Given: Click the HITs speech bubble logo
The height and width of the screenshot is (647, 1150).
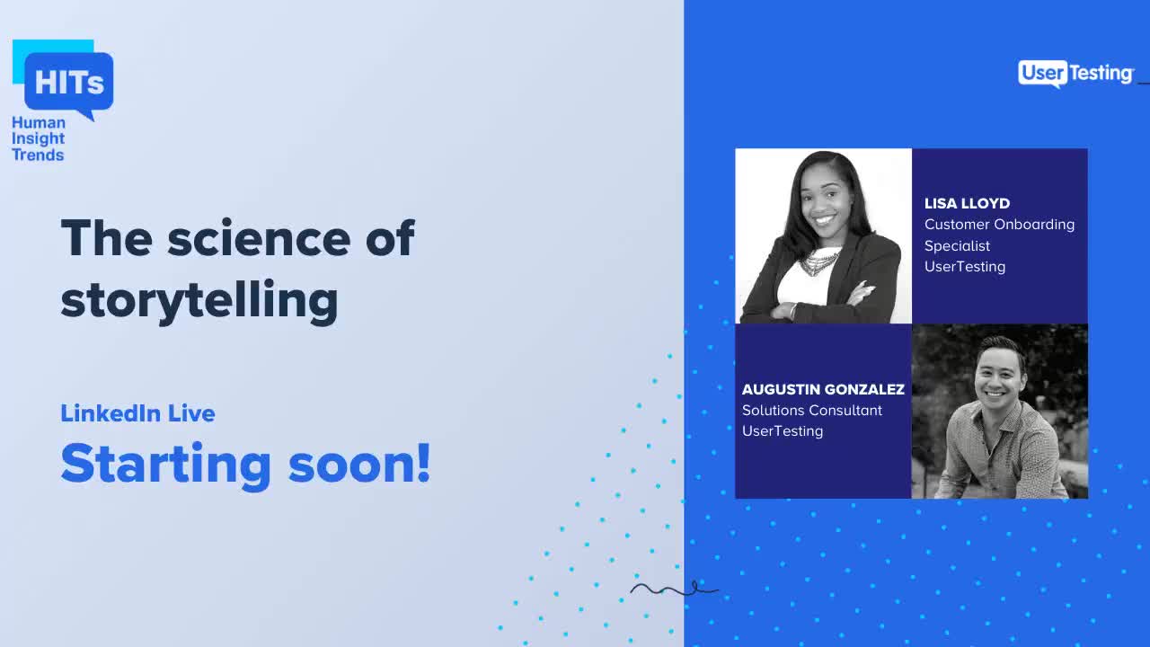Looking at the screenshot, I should (68, 83).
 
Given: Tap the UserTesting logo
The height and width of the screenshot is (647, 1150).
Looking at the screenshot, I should (1075, 74).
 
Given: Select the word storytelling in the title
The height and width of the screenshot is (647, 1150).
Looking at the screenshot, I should (199, 301).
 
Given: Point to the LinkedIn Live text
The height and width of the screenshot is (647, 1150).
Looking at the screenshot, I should (137, 413).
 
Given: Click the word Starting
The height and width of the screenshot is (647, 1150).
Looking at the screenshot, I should (165, 465).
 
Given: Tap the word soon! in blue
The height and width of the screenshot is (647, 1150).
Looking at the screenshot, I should (359, 463).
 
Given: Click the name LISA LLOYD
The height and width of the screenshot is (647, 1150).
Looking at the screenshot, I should (967, 203).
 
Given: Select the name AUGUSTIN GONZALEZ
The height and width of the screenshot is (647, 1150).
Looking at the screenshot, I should (823, 389).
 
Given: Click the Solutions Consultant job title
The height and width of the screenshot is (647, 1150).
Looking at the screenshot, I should (812, 410).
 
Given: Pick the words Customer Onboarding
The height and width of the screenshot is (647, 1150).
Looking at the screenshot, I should (999, 224).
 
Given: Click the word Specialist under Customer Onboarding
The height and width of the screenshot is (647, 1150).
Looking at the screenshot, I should (957, 245).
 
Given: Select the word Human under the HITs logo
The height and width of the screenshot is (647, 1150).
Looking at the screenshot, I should (39, 122).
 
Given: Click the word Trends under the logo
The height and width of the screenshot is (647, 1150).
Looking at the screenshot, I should (38, 155).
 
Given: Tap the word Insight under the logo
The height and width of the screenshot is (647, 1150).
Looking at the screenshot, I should (38, 138).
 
